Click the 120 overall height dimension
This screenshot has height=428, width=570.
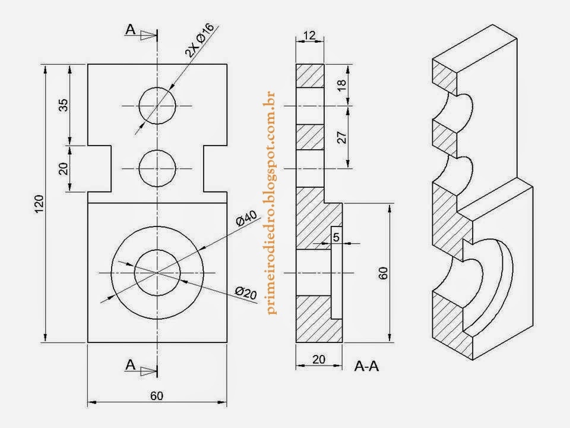click(39, 204)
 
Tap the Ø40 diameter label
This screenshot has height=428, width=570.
click(245, 219)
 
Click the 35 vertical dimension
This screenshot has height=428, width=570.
click(64, 105)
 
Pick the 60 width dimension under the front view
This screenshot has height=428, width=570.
click(157, 396)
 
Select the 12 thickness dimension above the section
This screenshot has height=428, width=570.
click(309, 36)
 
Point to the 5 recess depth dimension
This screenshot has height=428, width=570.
click(337, 237)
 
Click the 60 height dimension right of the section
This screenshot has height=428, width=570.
click(383, 273)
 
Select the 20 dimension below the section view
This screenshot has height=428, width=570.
click(319, 359)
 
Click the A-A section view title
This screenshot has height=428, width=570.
click(366, 366)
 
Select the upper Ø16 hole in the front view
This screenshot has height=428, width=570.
click(157, 106)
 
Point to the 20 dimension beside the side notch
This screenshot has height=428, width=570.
click(64, 168)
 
